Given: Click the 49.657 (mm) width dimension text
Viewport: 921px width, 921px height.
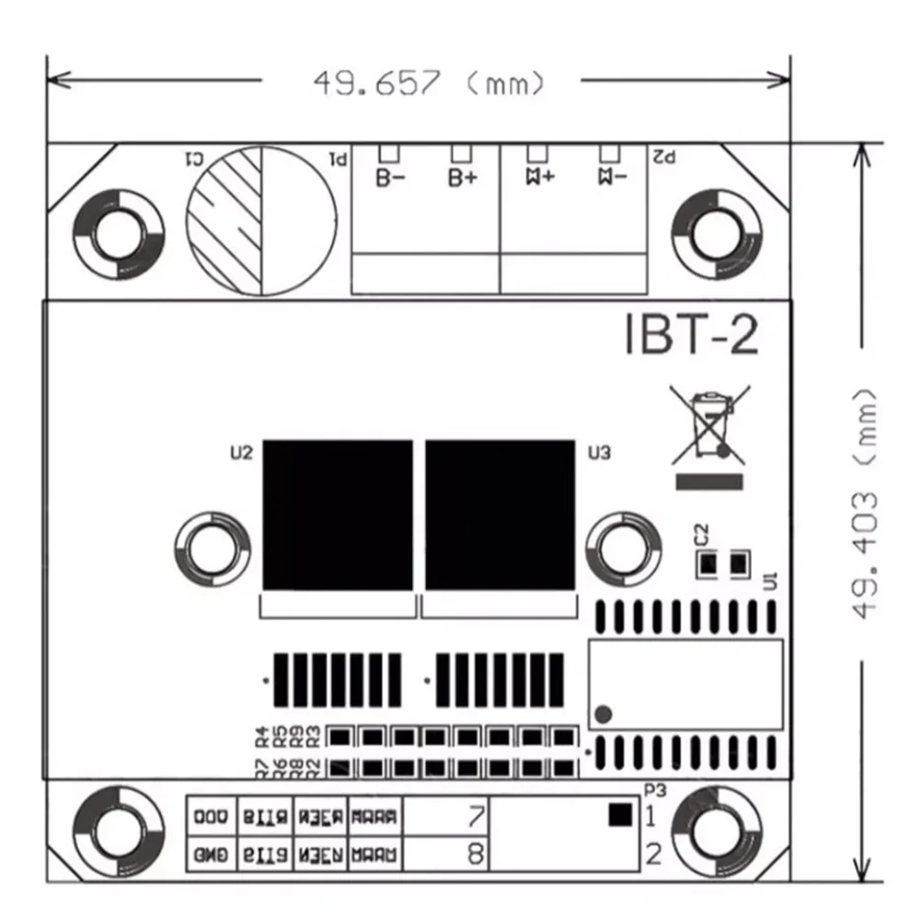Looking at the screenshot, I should pos(429,83).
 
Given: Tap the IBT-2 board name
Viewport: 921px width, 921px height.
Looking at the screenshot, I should pos(691,336).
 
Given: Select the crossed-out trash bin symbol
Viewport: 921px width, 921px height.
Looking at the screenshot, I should pos(708,425).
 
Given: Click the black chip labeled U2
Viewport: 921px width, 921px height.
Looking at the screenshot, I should pos(337,514).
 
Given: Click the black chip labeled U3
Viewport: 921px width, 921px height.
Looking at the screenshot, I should pos(500,514).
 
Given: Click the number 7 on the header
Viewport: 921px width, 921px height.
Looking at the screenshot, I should pos(476,815).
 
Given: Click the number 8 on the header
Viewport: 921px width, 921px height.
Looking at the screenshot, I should pos(476,854).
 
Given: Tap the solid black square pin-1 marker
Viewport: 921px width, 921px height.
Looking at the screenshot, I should pos(620,813).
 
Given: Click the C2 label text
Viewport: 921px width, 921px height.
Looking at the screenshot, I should pos(700,534).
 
